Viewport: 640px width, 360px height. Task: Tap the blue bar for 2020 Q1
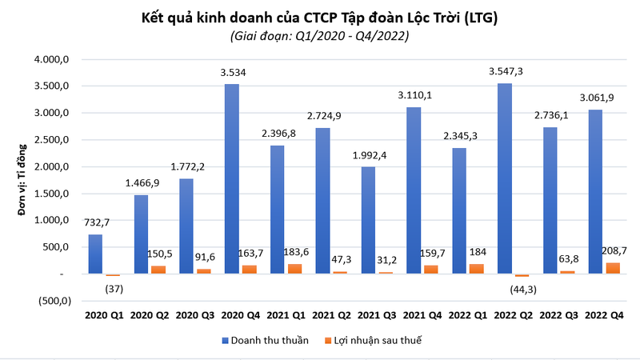coord(95,254)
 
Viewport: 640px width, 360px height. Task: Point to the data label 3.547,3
coord(507,72)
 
